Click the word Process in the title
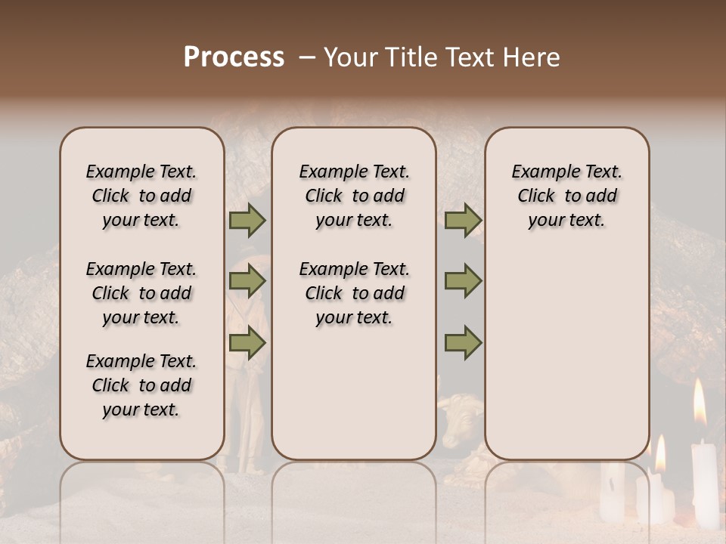[x=234, y=57]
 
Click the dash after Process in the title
[x=307, y=58]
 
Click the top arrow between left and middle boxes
[x=247, y=221]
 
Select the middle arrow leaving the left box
[x=247, y=282]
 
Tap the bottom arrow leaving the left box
[x=247, y=344]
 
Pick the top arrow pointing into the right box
[x=464, y=221]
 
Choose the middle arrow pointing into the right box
[x=464, y=282]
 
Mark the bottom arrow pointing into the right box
[x=464, y=344]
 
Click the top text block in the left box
[x=141, y=196]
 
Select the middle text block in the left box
[x=141, y=293]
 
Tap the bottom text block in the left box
[x=141, y=385]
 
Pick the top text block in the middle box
[x=354, y=196]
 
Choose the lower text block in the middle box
[x=354, y=293]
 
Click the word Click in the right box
[x=536, y=196]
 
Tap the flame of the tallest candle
[x=700, y=402]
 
